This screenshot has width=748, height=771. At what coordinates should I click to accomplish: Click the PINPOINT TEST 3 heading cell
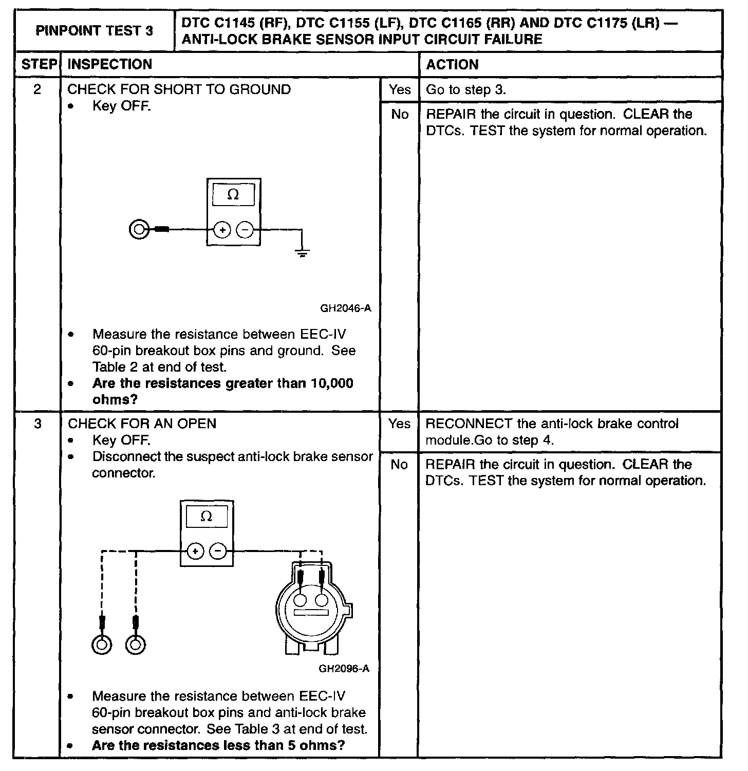click(95, 30)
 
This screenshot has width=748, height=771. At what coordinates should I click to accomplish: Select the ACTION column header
click(452, 64)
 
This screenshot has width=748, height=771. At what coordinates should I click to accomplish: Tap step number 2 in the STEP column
click(37, 89)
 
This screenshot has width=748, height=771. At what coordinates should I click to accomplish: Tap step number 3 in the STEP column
click(37, 424)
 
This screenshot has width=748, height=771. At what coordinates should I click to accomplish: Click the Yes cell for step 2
click(399, 89)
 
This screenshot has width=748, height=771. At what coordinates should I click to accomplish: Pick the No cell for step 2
click(399, 114)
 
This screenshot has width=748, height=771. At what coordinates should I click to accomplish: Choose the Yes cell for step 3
click(399, 424)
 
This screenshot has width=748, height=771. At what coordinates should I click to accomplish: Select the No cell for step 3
click(399, 465)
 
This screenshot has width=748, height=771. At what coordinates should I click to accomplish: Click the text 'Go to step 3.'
click(466, 89)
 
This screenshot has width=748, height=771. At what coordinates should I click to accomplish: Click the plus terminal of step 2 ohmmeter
click(222, 230)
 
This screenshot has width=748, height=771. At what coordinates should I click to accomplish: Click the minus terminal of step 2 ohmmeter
click(245, 230)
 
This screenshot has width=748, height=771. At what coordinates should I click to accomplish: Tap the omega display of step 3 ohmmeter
click(207, 517)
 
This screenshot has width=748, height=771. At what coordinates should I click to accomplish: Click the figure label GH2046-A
click(345, 308)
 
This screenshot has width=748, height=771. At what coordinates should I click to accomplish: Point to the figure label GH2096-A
click(344, 669)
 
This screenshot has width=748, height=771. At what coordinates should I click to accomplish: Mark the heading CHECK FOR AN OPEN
click(142, 424)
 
